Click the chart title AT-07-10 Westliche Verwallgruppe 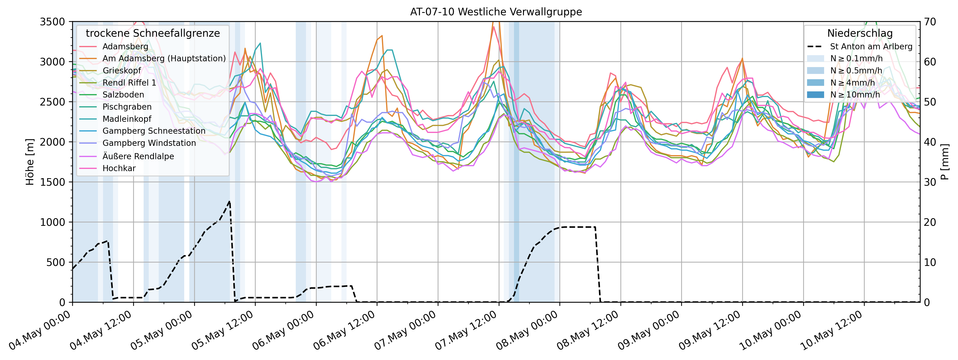tap(496, 12)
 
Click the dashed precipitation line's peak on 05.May tap(229, 202)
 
